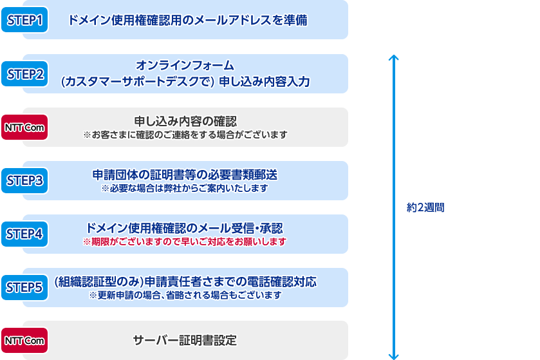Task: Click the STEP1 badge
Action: click(24, 19)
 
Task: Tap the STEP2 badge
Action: click(24, 73)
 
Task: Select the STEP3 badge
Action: click(24, 180)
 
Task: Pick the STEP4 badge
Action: click(24, 234)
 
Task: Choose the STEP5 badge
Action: click(24, 287)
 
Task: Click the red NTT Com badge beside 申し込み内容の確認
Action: click(24, 127)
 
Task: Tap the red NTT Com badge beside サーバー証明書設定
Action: click(24, 341)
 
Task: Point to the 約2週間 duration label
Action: click(425, 207)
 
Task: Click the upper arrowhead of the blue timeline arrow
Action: click(394, 57)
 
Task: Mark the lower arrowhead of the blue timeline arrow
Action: click(394, 357)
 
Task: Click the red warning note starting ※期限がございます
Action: click(185, 242)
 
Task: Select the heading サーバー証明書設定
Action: click(185, 341)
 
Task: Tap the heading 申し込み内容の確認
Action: click(185, 121)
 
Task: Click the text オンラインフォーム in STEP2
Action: click(185, 65)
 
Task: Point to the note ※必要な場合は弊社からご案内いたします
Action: click(185, 189)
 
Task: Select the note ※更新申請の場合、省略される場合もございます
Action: click(185, 295)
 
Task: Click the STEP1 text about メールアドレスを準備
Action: click(187, 20)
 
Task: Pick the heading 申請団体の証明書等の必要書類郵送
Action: click(185, 175)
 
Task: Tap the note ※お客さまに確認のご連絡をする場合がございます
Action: click(185, 135)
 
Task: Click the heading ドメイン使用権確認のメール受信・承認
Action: click(184, 228)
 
